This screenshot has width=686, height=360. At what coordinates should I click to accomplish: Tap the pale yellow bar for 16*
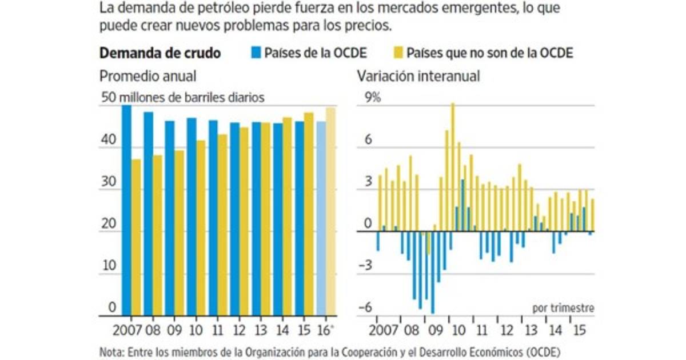click(x=330, y=211)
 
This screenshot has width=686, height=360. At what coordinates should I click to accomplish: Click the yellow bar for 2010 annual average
click(x=201, y=228)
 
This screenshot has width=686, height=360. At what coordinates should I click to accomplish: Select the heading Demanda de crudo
click(x=161, y=53)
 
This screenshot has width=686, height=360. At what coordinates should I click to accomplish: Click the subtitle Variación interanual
click(x=418, y=76)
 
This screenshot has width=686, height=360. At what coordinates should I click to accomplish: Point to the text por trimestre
click(x=563, y=307)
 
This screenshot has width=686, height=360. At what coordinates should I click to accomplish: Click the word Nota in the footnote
click(x=111, y=350)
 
